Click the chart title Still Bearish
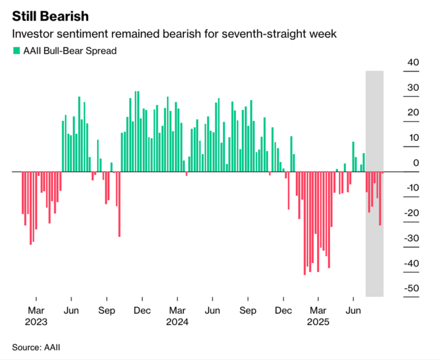[50, 16]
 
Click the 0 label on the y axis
[416, 163]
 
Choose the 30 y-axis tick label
[412, 88]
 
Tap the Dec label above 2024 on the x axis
[142, 310]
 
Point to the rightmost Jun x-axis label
[353, 310]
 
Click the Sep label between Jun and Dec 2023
[107, 310]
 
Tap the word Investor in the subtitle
[32, 34]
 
